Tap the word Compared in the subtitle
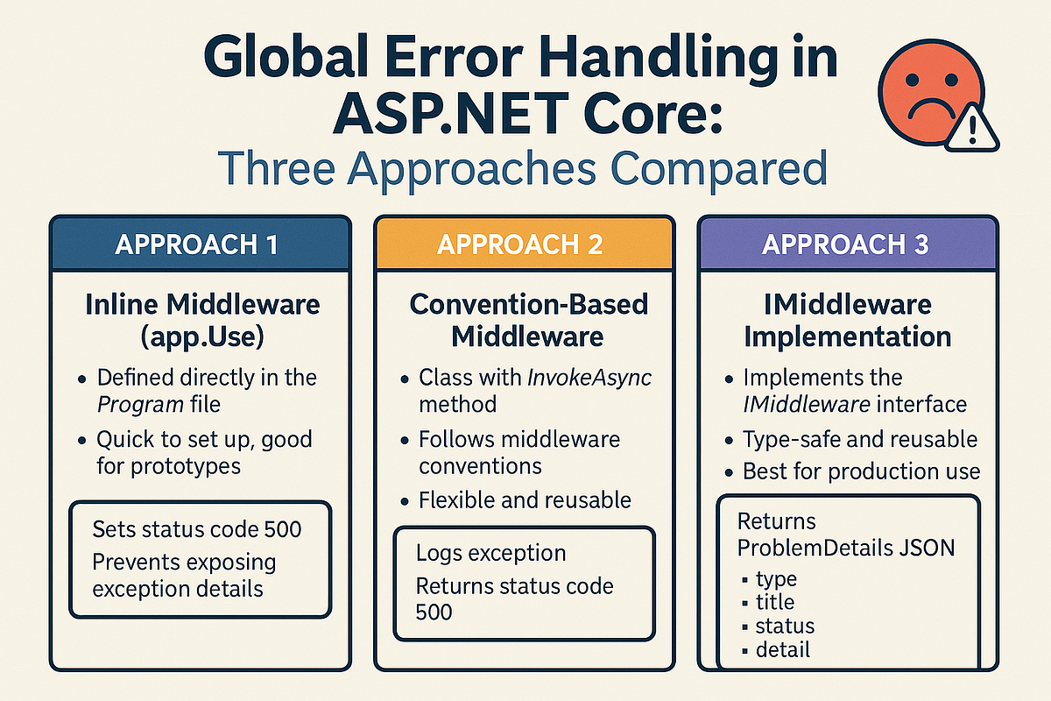(x=719, y=168)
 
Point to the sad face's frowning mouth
(x=931, y=108)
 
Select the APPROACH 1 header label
(x=196, y=244)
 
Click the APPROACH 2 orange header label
(x=520, y=244)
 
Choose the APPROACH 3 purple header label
(x=845, y=244)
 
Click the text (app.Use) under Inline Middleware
(x=202, y=337)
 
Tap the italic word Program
(x=140, y=405)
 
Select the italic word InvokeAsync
(x=589, y=377)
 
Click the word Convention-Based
(x=529, y=304)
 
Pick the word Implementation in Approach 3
(x=848, y=337)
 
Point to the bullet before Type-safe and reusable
(x=729, y=441)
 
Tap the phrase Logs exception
(x=490, y=554)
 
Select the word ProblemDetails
(x=815, y=548)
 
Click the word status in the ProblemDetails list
(x=785, y=626)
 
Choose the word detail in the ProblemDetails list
(x=783, y=650)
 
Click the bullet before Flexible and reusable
(x=405, y=501)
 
